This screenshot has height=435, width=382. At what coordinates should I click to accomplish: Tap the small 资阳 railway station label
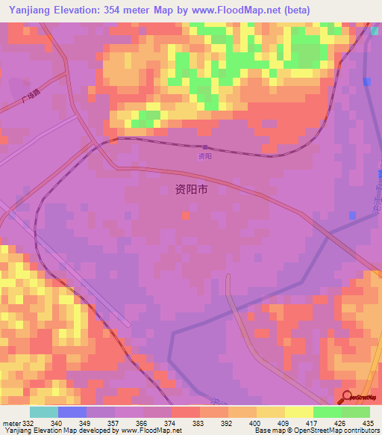205,156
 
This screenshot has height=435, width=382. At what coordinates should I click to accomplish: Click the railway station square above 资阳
204,147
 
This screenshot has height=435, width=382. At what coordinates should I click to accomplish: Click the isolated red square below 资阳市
184,216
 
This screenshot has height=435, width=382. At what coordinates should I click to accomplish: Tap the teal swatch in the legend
44,412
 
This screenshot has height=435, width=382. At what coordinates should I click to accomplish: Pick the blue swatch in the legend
72,412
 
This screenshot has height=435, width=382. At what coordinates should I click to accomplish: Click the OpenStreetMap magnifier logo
345,397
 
